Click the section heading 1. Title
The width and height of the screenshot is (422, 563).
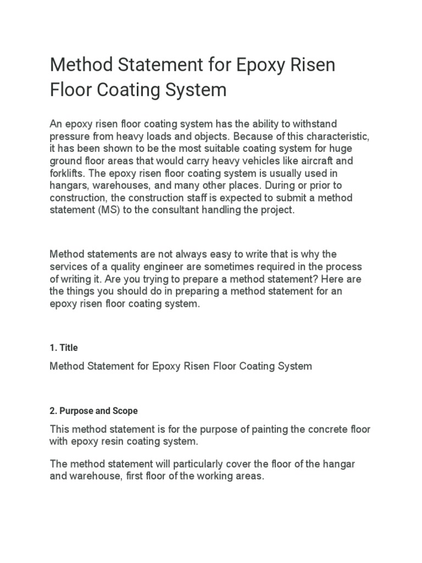[x=64, y=347]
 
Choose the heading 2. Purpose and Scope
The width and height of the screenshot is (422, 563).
[x=93, y=411]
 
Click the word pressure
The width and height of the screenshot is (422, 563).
[x=66, y=136]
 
